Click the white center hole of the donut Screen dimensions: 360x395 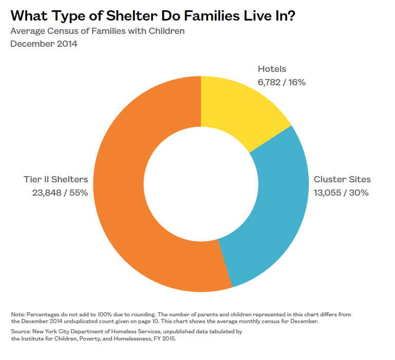pyautogui.click(x=201, y=183)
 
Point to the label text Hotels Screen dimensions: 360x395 pyautogui.click(x=272, y=69)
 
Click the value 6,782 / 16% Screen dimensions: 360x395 pyautogui.click(x=282, y=82)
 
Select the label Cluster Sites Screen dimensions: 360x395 pyautogui.click(x=342, y=180)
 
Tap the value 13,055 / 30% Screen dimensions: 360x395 pyautogui.click(x=341, y=193)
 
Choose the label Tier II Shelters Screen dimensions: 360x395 pyautogui.click(x=56, y=180)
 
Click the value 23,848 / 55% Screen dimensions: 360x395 pyautogui.click(x=60, y=193)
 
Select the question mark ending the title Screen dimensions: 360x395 pyautogui.click(x=291, y=16)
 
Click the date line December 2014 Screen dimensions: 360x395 pyautogui.click(x=44, y=44)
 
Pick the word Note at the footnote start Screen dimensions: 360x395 pyautogui.click(x=17, y=314)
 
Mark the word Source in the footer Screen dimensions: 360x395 pyautogui.click(x=20, y=332)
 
